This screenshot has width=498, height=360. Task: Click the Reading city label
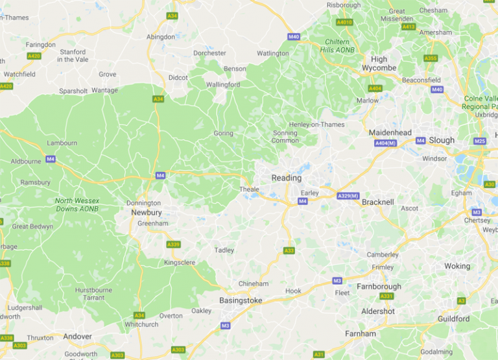pyautogui.click(x=287, y=178)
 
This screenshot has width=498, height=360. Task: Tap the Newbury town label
pyautogui.click(x=146, y=212)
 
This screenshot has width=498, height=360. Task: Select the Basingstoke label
pyautogui.click(x=241, y=300)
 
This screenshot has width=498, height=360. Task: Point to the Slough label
pyautogui.click(x=442, y=140)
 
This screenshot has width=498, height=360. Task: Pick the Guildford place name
pyautogui.click(x=453, y=318)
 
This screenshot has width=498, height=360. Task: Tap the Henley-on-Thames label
pyautogui.click(x=317, y=125)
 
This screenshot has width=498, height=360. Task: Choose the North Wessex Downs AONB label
pyautogui.click(x=77, y=205)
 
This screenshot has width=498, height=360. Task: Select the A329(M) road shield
pyautogui.click(x=348, y=195)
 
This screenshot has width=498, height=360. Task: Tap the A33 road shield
pyautogui.click(x=289, y=250)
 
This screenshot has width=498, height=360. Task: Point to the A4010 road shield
pyautogui.click(x=344, y=22)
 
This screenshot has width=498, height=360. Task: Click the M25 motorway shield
pyautogui.click(x=480, y=141)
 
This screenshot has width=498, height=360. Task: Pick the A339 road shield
pyautogui.click(x=173, y=244)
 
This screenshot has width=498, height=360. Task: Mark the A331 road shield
pyautogui.click(x=386, y=296)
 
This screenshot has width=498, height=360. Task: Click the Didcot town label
pyautogui.click(x=178, y=78)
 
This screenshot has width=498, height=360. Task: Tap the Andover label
pyautogui.click(x=77, y=337)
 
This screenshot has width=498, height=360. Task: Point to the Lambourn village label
pyautogui.click(x=62, y=143)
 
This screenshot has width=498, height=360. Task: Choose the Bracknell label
pyautogui.click(x=378, y=202)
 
